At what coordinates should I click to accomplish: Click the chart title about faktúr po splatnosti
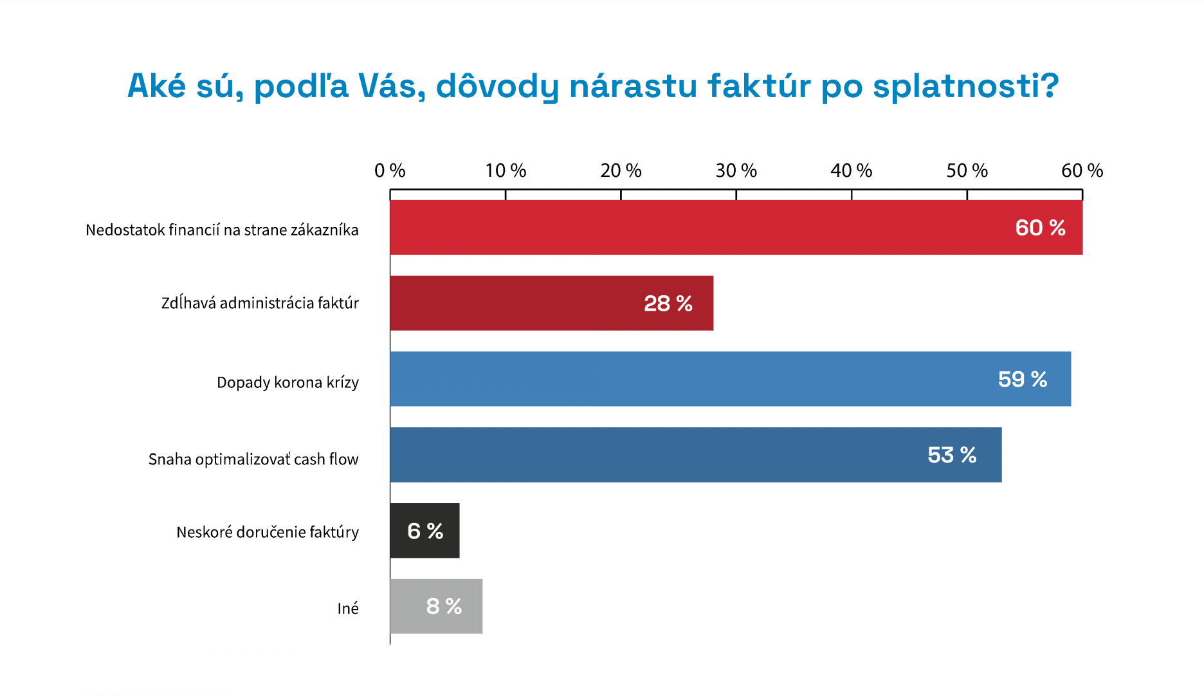coord(592,86)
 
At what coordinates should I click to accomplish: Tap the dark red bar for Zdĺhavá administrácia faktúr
coord(515,303)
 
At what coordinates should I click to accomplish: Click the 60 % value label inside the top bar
coord(1040,228)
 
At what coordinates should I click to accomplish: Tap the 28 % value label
coord(668,303)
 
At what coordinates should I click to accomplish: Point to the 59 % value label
coord(1022,379)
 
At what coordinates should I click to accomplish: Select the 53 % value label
coord(952,455)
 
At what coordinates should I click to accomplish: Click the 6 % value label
coord(425,531)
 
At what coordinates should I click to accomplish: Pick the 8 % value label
coord(444,607)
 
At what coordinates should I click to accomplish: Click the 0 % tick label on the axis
coord(390,170)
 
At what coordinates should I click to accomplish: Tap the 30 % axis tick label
coord(736,170)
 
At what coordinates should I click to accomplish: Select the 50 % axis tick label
coord(967,170)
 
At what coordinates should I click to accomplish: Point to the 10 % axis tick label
coord(506,170)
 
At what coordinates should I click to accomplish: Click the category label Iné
coord(348,609)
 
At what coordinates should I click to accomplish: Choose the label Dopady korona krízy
coord(287,382)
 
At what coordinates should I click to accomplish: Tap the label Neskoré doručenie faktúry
coord(268,532)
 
